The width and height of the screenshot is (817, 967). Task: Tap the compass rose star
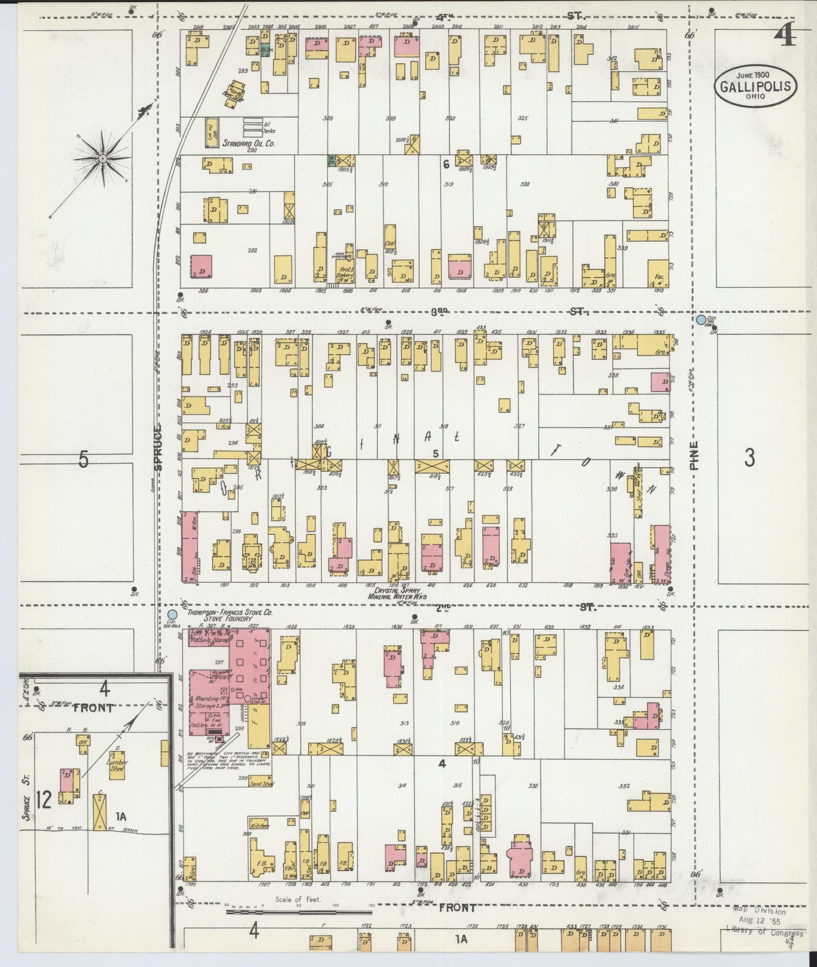point(103,159)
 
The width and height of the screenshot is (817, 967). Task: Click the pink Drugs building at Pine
point(662,554)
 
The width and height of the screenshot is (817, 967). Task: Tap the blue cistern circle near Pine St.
point(702,320)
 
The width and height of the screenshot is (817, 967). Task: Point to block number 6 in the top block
point(446,165)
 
